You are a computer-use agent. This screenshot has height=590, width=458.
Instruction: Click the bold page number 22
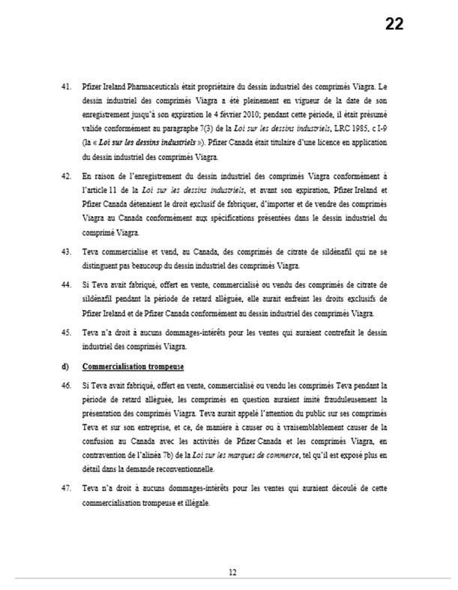coord(394,24)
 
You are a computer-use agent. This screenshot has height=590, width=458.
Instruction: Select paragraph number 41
coord(65,86)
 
